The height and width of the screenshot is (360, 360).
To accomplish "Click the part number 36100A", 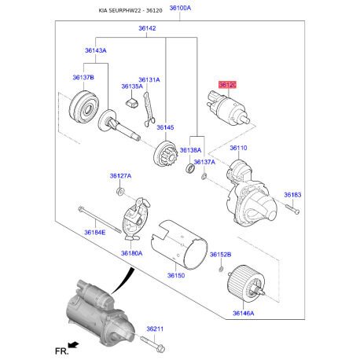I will (x=180, y=8).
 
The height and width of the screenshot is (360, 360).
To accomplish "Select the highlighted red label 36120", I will (x=227, y=83).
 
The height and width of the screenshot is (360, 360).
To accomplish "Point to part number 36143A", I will (x=96, y=50).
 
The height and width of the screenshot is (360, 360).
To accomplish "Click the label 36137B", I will (x=83, y=78).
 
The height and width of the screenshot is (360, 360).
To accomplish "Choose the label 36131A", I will (x=149, y=79).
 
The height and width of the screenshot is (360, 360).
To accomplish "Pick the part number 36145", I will (x=164, y=127).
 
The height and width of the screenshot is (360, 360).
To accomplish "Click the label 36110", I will (x=238, y=148).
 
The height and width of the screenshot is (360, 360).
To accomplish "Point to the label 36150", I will (x=176, y=276).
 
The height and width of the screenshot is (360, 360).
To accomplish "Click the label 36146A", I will (x=243, y=314).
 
